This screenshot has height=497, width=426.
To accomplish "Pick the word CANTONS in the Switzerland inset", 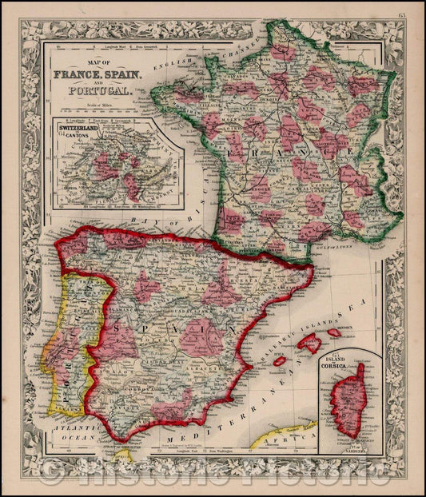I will click(x=77, y=137).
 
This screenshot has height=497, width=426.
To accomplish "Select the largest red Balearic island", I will click(x=309, y=344).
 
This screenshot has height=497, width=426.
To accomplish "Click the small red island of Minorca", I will click(x=333, y=332).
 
